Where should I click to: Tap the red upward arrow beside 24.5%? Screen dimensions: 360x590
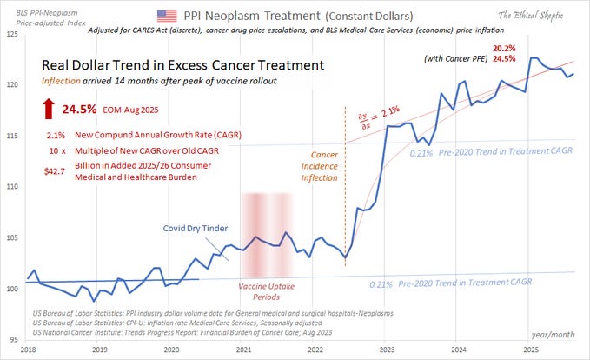point(48,110)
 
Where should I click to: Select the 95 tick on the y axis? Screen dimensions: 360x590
point(14,339)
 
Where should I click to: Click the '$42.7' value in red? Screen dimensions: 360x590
point(56,171)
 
